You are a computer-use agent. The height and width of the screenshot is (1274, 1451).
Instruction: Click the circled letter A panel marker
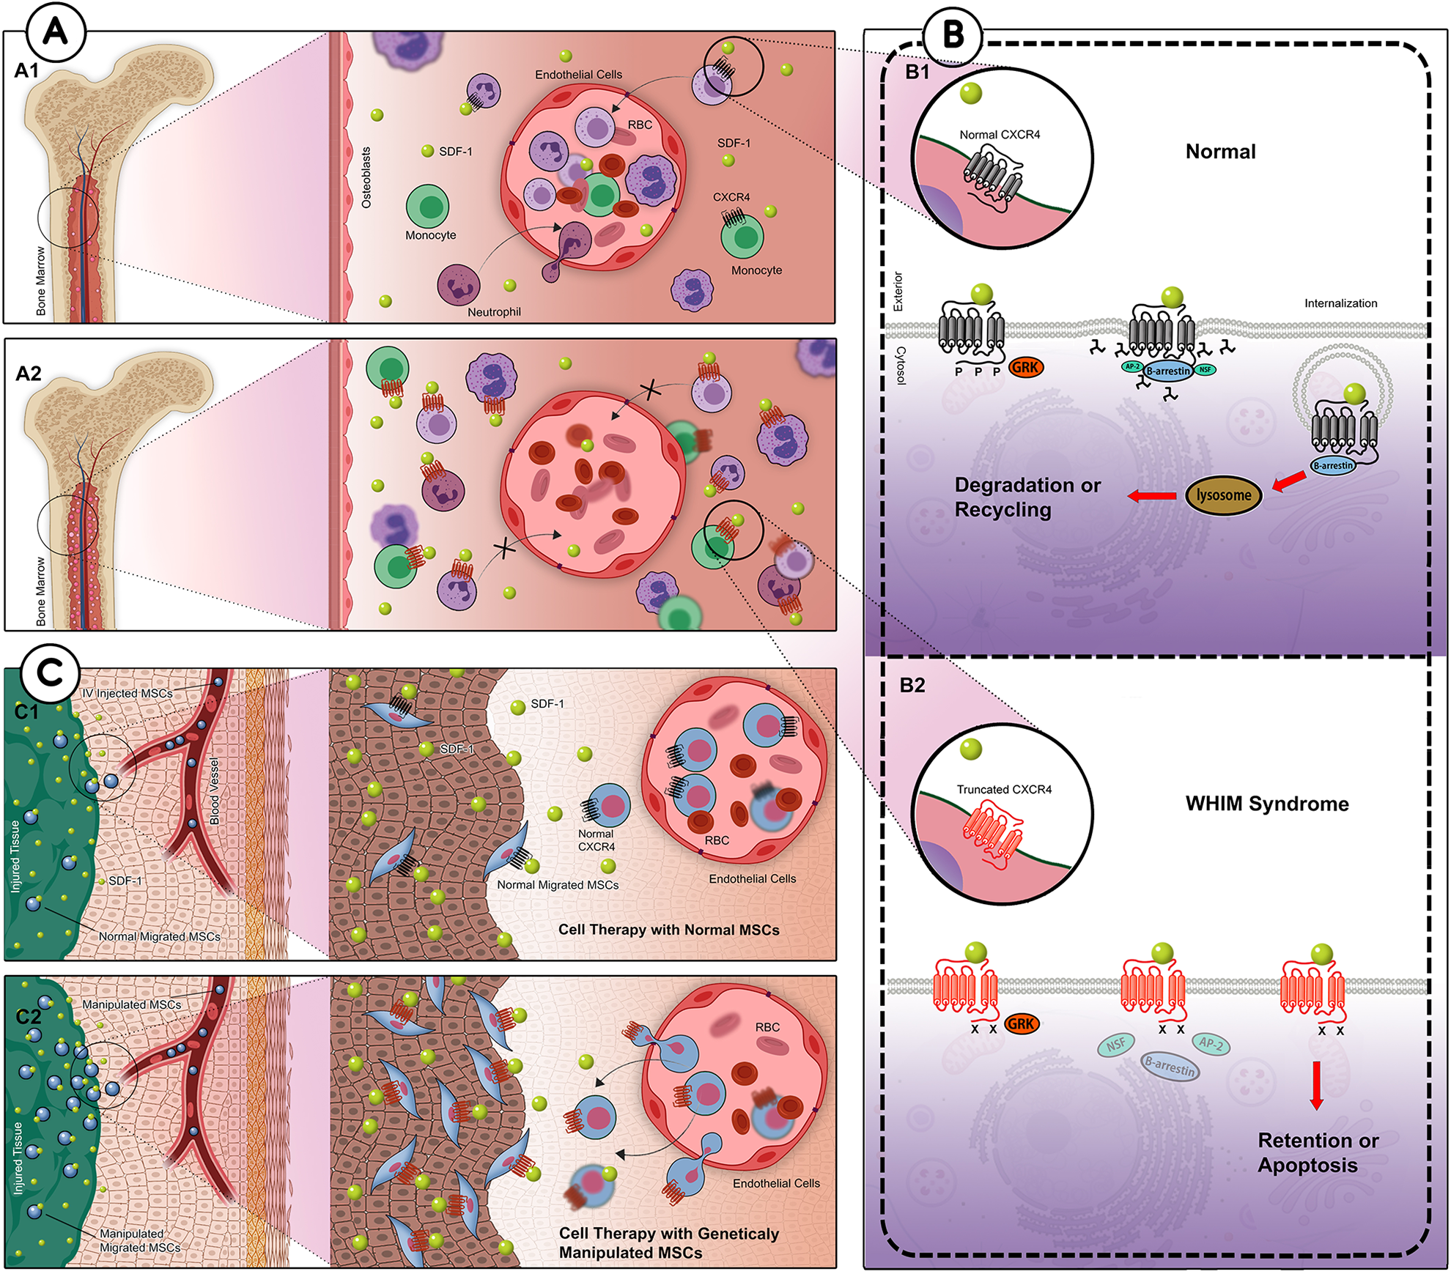point(56,32)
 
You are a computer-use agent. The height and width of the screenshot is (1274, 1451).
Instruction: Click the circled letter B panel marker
point(953,34)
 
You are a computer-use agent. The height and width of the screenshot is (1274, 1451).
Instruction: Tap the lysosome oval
point(1223,496)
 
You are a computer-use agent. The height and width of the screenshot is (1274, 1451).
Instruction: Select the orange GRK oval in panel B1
point(1025,367)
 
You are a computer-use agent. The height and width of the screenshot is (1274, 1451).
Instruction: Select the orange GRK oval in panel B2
point(1021,1023)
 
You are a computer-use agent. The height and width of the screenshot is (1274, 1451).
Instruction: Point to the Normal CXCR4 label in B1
point(1000,135)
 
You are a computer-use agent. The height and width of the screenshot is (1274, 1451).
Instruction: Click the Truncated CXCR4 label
point(1004,789)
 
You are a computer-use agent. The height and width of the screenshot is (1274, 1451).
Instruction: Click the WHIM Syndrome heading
point(1267,804)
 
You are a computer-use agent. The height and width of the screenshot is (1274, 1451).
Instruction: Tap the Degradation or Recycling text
point(1027,497)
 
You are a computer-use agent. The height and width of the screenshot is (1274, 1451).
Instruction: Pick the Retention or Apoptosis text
point(1318,1152)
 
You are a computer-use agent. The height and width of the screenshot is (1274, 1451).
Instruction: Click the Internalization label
point(1340,303)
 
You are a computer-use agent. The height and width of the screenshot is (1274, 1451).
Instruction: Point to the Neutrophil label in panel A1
point(494,312)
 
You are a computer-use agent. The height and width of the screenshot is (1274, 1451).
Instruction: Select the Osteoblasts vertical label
point(366,178)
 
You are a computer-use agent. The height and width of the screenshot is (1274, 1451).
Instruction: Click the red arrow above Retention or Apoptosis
point(1316,1085)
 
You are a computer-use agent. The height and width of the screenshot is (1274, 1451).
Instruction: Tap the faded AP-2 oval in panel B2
point(1210,1043)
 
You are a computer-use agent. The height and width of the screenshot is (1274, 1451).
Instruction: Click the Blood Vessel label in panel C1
point(214,791)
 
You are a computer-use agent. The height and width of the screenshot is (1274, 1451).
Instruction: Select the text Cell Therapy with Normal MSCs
point(668,930)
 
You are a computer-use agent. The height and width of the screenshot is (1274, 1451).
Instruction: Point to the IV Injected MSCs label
point(128,693)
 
